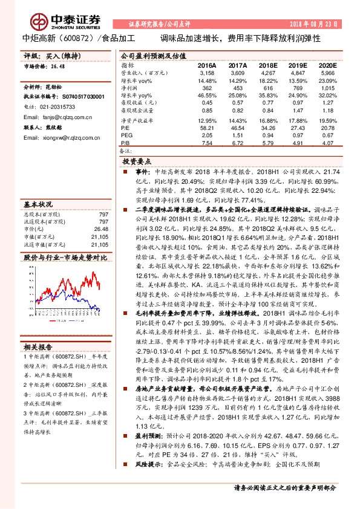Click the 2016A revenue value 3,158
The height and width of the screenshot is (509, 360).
(207, 72)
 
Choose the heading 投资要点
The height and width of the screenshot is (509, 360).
(136, 163)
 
